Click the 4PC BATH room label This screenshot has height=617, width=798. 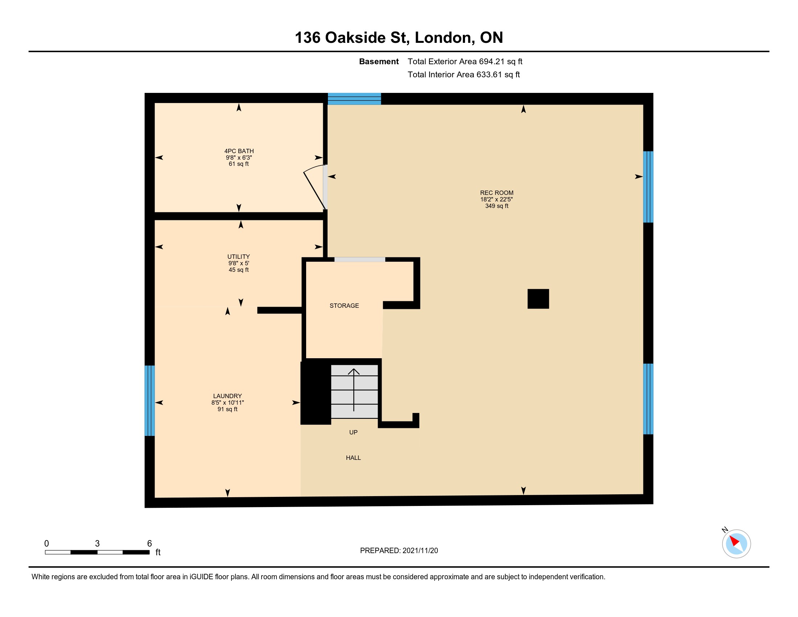tap(239, 151)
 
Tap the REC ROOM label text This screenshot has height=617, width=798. tap(497, 193)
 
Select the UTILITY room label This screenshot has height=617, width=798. tap(239, 257)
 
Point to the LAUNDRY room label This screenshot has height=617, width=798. tap(227, 396)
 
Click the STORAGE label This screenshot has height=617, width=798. tap(344, 306)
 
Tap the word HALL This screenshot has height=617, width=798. tap(353, 458)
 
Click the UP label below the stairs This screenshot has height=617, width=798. tap(353, 432)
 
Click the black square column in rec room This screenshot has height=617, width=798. tap(538, 299)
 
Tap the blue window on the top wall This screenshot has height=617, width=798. tap(354, 99)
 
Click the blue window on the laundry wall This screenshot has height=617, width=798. tap(150, 401)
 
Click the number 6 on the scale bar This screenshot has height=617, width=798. tap(149, 544)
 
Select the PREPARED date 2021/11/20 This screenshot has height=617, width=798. tap(420, 551)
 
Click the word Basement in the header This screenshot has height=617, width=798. tap(379, 61)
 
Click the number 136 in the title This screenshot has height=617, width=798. tap(308, 38)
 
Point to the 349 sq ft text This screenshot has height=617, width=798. tap(497, 206)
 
